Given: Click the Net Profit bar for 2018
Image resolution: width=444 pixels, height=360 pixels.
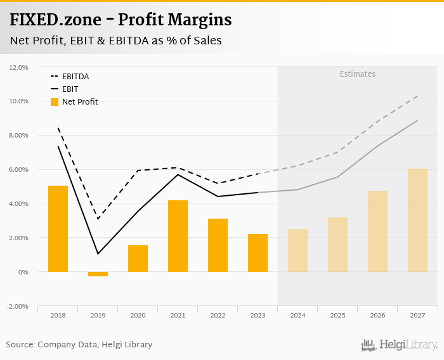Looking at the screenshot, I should (58, 229).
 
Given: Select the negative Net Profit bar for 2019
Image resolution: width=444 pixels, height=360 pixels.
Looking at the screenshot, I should (98, 274).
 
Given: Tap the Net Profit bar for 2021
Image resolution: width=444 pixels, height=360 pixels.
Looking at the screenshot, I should (178, 236).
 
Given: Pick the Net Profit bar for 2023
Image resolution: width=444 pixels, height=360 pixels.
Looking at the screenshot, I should (258, 253).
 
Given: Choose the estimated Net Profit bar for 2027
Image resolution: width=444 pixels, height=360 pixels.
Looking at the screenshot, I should (417, 220).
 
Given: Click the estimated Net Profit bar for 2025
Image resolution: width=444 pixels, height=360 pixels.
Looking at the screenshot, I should (337, 245).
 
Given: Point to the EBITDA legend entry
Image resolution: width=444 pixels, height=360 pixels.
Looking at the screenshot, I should (75, 77).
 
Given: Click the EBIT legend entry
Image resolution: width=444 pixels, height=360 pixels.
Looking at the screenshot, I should (70, 89).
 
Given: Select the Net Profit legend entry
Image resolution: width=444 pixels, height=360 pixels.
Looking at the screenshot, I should (79, 101).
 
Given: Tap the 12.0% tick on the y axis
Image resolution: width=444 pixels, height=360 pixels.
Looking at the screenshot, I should (19, 67).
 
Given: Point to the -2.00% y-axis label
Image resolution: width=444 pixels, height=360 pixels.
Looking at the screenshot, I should (18, 306).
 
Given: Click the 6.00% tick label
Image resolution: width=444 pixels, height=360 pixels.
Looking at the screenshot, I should (18, 170).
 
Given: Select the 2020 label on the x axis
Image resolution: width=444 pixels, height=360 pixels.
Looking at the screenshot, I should (138, 315).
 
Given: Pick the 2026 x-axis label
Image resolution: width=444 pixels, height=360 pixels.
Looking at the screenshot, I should (377, 315).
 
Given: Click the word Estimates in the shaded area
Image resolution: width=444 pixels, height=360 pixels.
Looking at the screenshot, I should (357, 74).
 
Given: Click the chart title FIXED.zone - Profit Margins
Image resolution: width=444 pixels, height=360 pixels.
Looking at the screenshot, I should (121, 20).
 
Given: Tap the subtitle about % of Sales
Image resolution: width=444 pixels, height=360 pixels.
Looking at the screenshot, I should (115, 41).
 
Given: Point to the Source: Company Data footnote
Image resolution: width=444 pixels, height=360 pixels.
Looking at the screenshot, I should (79, 345).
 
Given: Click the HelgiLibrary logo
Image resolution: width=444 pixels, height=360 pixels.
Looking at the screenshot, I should (399, 345).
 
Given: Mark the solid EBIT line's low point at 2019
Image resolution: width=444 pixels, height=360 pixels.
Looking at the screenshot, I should (98, 254).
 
